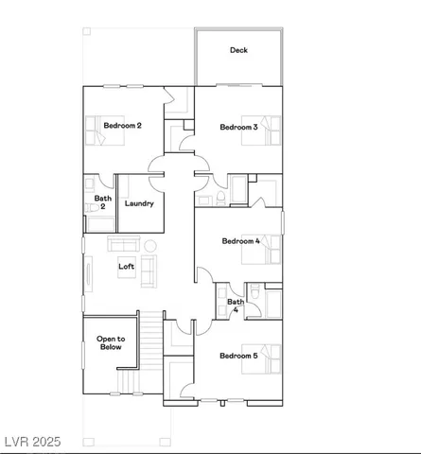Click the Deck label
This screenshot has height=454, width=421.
coord(238,51)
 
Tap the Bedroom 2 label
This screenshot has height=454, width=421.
coord(123,126)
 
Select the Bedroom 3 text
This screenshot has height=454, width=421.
coord(238,127)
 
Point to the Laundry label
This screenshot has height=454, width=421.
coord(139,203)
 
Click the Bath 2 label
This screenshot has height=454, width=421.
coord(102,202)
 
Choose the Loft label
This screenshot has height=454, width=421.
coord(126,266)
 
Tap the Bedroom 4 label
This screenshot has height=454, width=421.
coord(240,241)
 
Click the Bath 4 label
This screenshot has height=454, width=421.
coord(236,305)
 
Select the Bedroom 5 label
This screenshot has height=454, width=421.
coord(238,356)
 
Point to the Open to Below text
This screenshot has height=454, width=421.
coord(111,343)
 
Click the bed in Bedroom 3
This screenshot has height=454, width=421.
coord(266,131)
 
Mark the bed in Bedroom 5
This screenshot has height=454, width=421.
coord(267,360)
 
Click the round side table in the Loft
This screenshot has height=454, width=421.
coord(149,245)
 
